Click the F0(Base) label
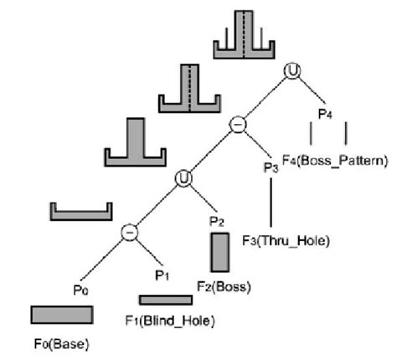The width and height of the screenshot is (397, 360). [x=61, y=343]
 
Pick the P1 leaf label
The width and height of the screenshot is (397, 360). [x=162, y=273]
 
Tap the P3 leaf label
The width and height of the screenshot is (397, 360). [x=270, y=167]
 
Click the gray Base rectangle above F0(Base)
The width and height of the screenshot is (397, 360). [x=61, y=314]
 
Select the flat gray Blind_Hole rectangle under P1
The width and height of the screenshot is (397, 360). [x=165, y=299]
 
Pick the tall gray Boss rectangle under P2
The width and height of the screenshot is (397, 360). [x=220, y=252]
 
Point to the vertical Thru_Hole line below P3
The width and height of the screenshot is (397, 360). [x=271, y=202]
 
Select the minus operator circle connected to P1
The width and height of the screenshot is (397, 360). [x=130, y=232]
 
